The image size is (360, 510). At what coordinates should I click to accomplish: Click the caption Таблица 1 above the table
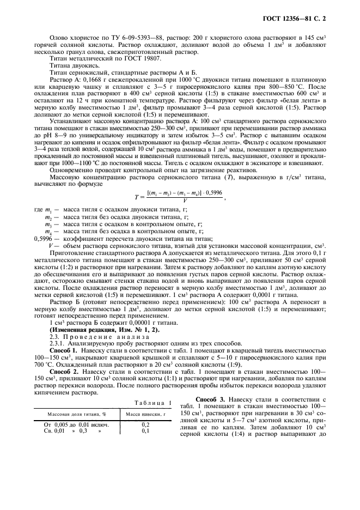coord(153,403)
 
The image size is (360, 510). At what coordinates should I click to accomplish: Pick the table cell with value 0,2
coord(146,424)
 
